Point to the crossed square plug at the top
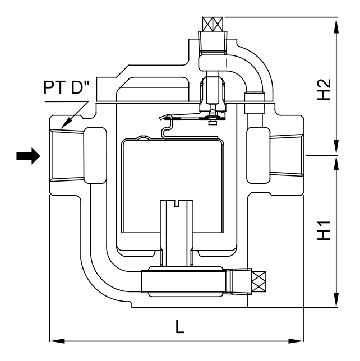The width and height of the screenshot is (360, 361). tap(213, 24)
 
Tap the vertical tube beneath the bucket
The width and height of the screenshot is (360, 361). tap(177, 230)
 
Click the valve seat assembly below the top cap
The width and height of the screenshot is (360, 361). tap(213, 92)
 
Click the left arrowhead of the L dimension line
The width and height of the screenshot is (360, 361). tap(54, 340)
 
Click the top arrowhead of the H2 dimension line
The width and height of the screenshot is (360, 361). tap(336, 22)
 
